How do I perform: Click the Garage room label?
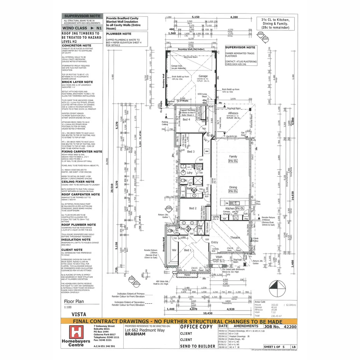click(x=203, y=76)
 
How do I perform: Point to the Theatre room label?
click(x=235, y=237)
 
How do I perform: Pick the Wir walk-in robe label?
click(x=174, y=250)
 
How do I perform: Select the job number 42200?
click(x=288, y=327)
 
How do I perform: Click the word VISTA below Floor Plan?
click(x=79, y=314)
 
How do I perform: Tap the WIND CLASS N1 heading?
click(x=82, y=28)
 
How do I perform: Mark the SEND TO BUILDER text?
click(x=197, y=346)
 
